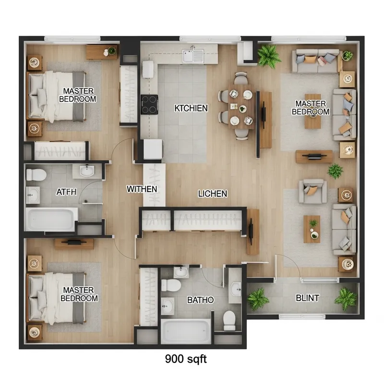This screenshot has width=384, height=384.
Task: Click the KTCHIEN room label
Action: click(x=191, y=108)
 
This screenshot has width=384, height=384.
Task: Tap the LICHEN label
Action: click(x=213, y=194)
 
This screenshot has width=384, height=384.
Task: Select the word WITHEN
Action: click(x=142, y=189)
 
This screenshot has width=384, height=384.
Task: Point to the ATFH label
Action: click(x=66, y=192)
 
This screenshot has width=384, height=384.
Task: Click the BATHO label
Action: click(x=200, y=300)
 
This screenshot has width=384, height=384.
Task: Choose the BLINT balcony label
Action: click(x=307, y=298)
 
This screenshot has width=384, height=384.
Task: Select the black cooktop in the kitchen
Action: click(x=149, y=104)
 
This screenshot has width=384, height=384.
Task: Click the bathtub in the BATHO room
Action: click(x=186, y=331)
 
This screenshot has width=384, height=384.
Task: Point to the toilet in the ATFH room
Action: click(x=35, y=174)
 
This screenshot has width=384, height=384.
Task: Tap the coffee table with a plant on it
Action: click(x=312, y=228)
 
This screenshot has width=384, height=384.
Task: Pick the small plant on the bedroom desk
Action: click(x=111, y=50)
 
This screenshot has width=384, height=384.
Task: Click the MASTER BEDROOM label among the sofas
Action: click(x=311, y=108)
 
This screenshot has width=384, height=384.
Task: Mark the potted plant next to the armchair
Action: click(x=335, y=170)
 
